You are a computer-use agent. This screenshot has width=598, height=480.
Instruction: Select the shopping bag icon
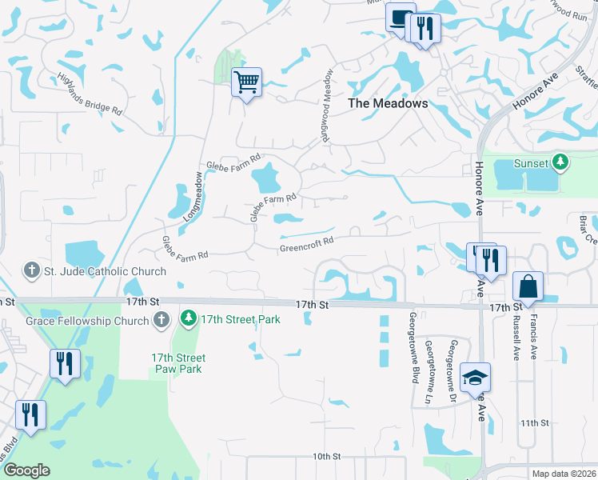tap(528, 286)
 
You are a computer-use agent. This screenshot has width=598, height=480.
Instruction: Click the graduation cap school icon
tap(475, 377)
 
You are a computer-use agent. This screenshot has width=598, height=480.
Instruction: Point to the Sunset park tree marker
tap(561, 163)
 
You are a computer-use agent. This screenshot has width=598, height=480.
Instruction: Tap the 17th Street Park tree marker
tap(189, 319)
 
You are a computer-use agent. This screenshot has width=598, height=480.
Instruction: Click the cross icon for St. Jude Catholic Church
tap(32, 271)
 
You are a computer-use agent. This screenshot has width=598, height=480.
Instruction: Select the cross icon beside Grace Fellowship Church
tap(161, 321)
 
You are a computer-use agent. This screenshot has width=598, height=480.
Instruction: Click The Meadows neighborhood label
tap(388, 103)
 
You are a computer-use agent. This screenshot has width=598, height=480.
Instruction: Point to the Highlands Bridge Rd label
tap(89, 93)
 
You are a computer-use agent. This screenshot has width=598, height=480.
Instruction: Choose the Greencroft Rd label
tap(305, 245)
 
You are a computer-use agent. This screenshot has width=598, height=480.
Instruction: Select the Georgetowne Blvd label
tap(414, 347)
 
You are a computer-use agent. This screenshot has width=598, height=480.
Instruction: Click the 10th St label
tap(326, 456)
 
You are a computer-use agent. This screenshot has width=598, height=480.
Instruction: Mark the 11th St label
tap(534, 422)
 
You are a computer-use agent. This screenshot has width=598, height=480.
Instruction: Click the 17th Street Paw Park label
tap(177, 363)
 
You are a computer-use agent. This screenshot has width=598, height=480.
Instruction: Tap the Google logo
tap(27, 470)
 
